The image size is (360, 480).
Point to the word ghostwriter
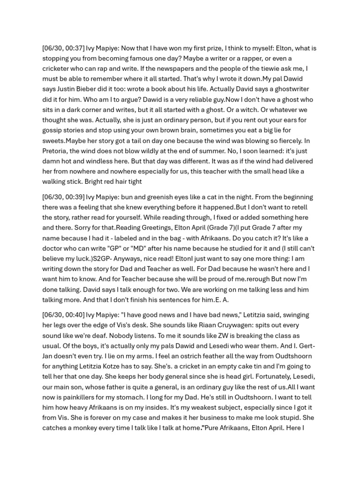pos(285,89)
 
